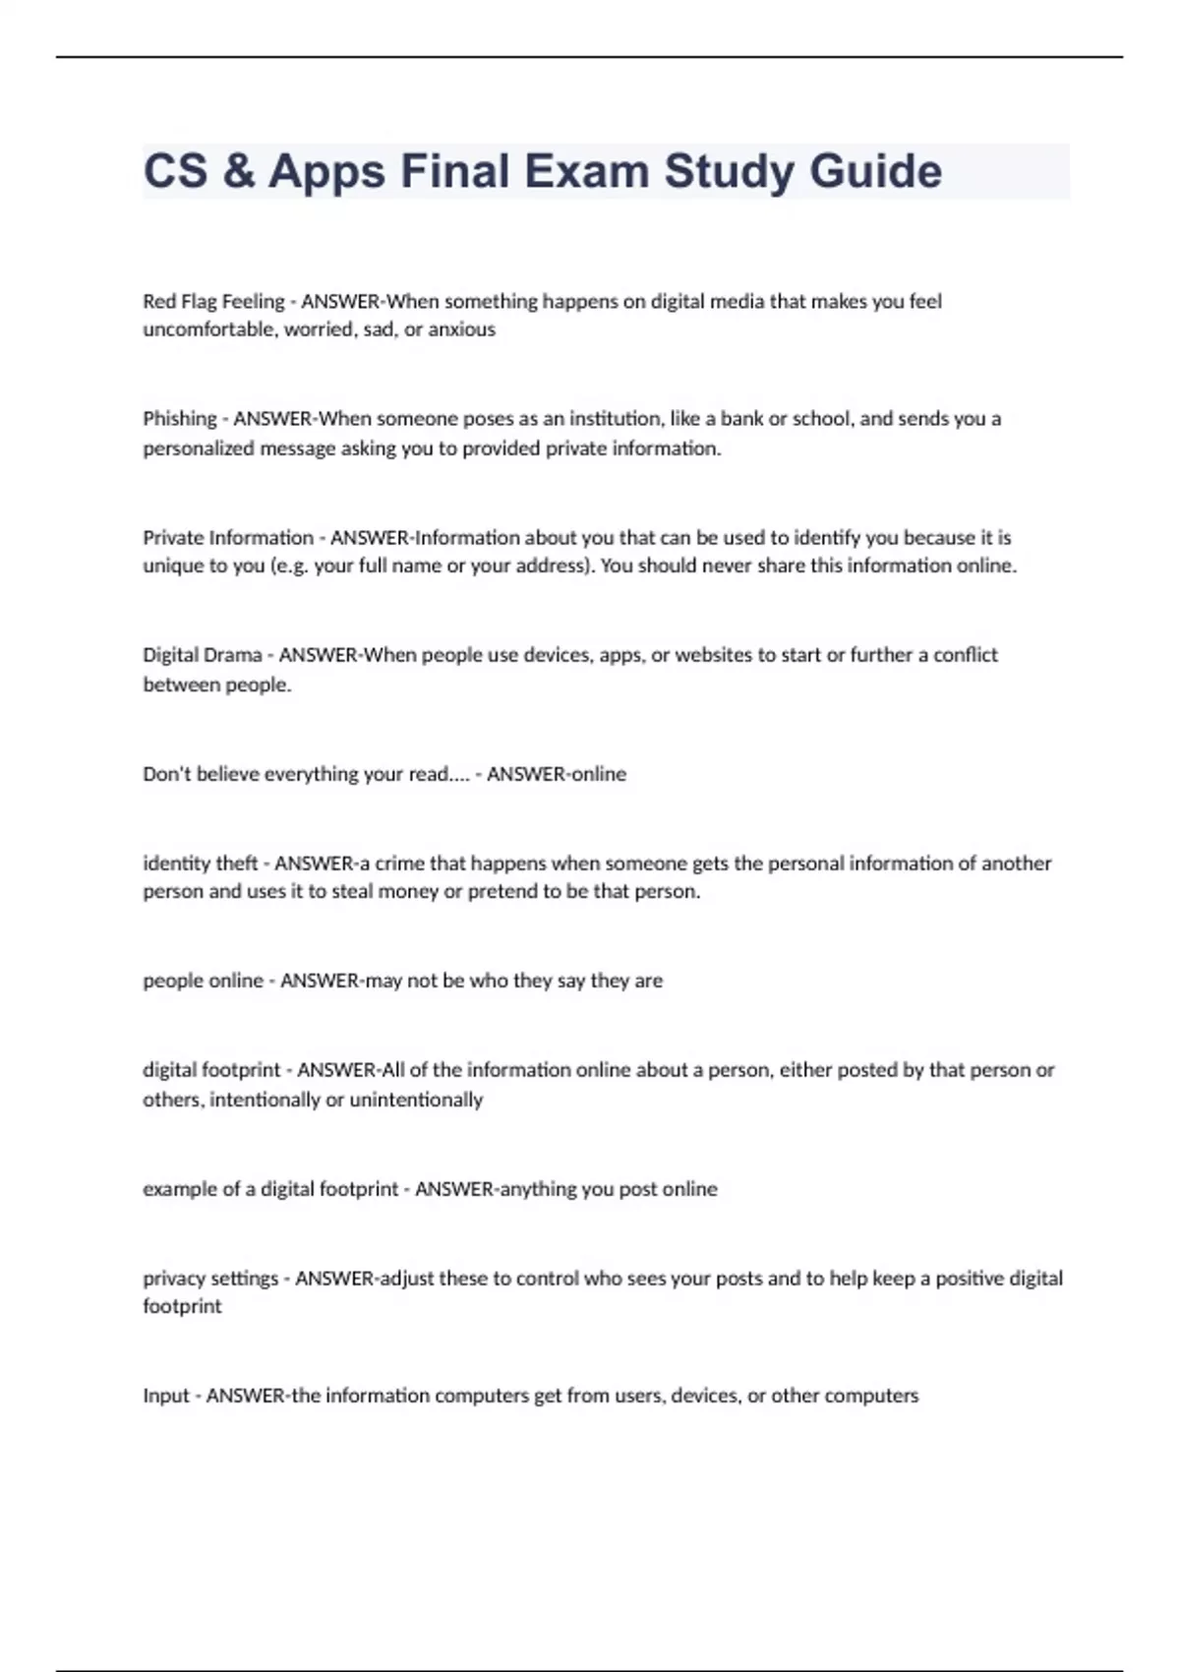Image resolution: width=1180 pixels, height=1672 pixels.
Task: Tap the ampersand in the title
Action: [x=238, y=171]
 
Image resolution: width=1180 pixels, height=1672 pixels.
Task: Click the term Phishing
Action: [x=180, y=419]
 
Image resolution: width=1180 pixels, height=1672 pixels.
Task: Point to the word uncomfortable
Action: [x=209, y=329]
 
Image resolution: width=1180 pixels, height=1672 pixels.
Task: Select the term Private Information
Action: [x=228, y=538]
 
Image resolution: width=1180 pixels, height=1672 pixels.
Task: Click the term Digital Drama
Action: [x=203, y=655]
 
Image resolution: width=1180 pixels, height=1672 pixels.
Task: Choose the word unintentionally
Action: [x=416, y=1100]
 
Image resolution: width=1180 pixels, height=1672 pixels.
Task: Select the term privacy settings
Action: [x=210, y=1279]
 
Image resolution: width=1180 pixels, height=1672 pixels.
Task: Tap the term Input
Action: [x=166, y=1396]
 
